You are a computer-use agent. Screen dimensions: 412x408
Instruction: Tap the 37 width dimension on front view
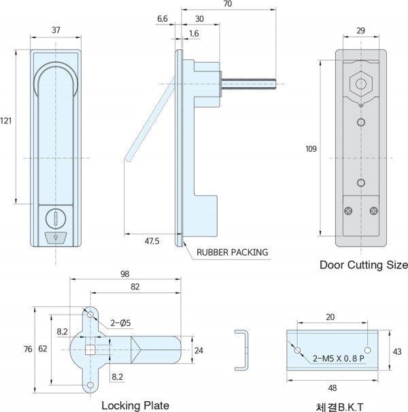(56, 30)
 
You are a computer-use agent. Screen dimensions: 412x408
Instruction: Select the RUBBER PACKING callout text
(233, 253)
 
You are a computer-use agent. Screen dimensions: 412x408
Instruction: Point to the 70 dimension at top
(227, 4)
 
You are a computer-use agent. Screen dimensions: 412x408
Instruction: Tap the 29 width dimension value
(361, 30)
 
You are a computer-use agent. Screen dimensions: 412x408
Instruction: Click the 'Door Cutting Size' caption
(364, 265)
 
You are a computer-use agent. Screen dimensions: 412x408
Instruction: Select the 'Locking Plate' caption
(135, 405)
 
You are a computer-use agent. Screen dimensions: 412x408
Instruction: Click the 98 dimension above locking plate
(124, 274)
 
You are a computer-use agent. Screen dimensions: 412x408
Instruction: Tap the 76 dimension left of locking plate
(27, 349)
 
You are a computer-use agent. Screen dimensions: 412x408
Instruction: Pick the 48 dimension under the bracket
(333, 387)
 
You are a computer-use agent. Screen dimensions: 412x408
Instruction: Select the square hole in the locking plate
(90, 351)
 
